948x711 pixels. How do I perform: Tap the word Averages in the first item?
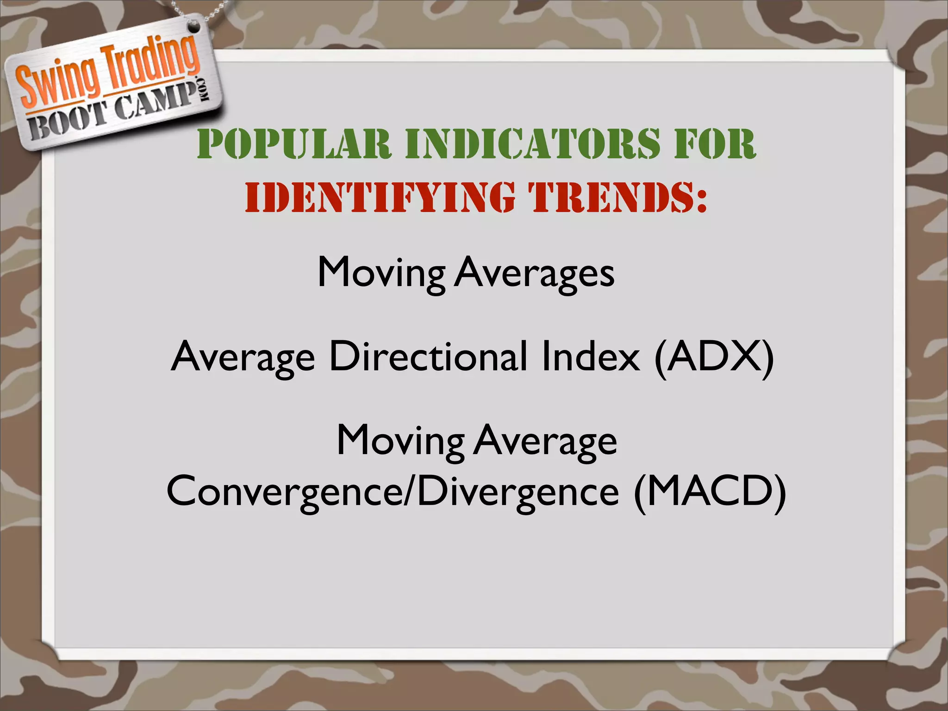[x=535, y=273]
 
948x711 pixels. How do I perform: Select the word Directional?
[x=428, y=357]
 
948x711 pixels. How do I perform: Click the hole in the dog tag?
[x=194, y=27]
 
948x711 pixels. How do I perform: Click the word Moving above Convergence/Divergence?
[x=400, y=441]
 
